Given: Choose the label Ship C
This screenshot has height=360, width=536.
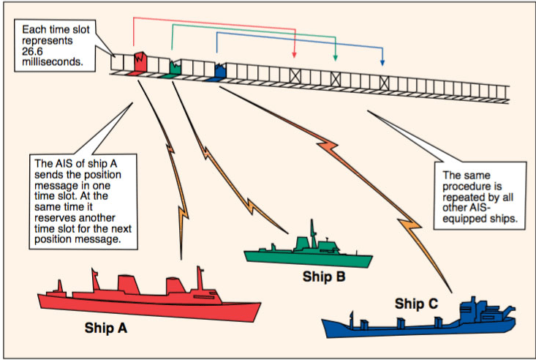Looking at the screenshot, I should pyautogui.click(x=415, y=302).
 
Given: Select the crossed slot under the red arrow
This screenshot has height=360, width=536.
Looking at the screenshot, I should pyautogui.click(x=295, y=75).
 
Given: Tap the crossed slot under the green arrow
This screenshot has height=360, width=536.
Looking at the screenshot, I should pyautogui.click(x=336, y=78).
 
